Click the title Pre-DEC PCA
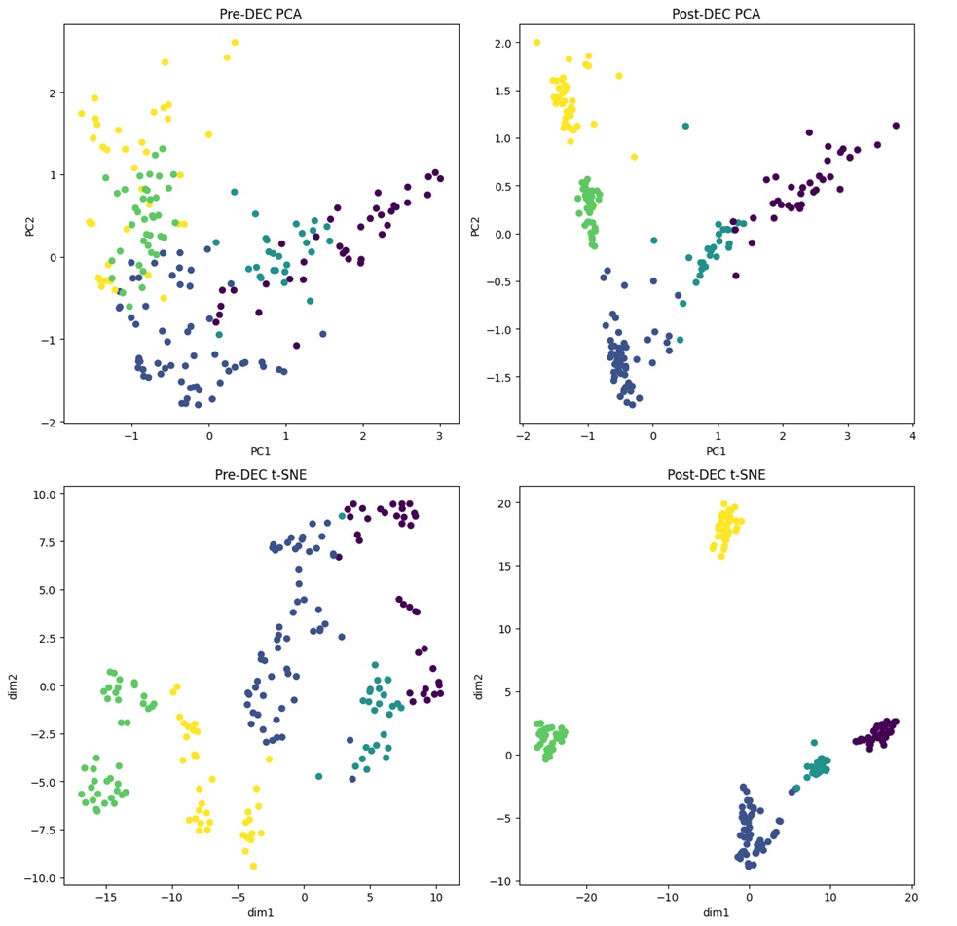pos(261,14)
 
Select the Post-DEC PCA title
pos(716,14)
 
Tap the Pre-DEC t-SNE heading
pos(261,475)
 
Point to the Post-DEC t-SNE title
pos(716,475)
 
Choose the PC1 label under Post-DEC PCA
pos(716,451)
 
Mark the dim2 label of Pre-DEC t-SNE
pos(13,685)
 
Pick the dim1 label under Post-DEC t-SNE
pos(716,912)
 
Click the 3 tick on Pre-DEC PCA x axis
pos(439,435)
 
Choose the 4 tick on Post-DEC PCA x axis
pos(912,435)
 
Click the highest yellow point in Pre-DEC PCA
pos(235,43)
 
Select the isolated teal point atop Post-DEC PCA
pos(685,126)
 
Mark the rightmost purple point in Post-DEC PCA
pos(896,126)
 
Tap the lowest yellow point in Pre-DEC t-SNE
pos(253,866)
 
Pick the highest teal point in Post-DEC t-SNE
pos(814,742)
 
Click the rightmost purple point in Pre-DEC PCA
pos(440,179)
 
